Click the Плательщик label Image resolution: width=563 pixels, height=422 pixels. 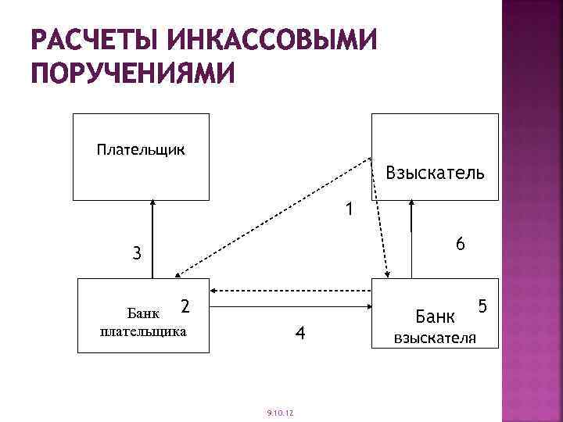(141, 148)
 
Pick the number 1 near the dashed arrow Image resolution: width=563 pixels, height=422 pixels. (350, 209)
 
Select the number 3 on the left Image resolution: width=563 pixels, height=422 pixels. (137, 253)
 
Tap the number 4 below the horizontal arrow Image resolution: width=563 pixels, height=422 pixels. (299, 334)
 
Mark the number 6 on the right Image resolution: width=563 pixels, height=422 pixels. (461, 245)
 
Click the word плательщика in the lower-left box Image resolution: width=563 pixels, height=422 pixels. (143, 331)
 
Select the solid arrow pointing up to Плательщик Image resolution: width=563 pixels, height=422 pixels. (153, 238)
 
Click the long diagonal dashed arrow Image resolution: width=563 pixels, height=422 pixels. (274, 217)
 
